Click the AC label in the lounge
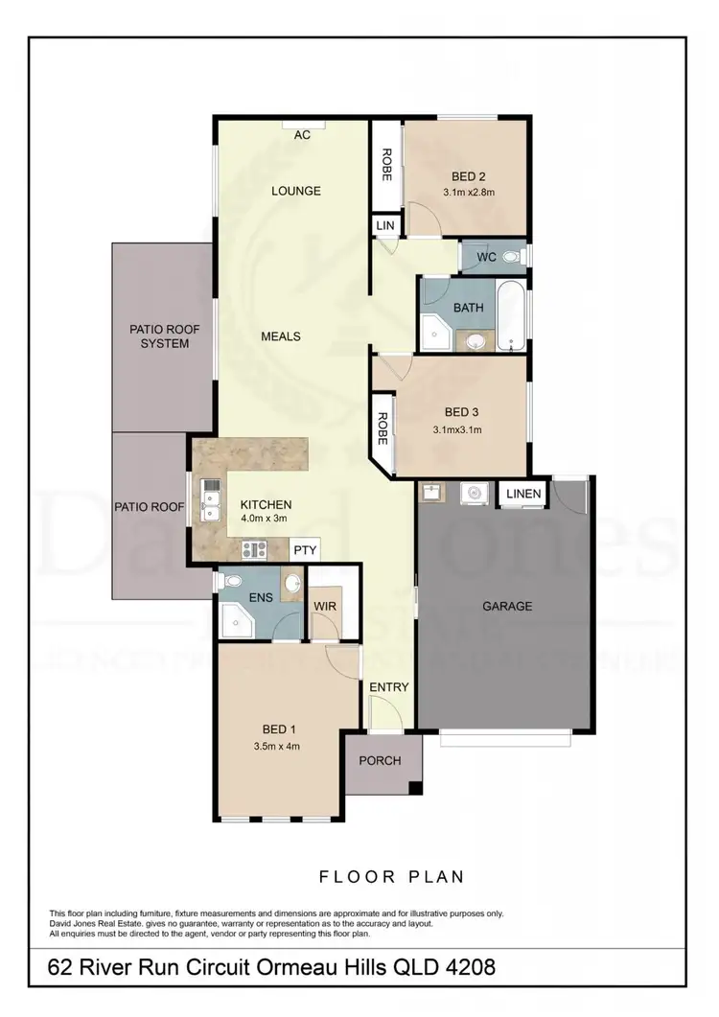[x=302, y=135]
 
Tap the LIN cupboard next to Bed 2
[x=385, y=224]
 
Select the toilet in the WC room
[x=511, y=257]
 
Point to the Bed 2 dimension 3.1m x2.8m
[x=469, y=193]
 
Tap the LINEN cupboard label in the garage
[x=523, y=494]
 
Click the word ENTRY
[x=389, y=687]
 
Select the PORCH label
[x=380, y=761]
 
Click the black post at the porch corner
[x=414, y=789]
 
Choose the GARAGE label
[x=508, y=606]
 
